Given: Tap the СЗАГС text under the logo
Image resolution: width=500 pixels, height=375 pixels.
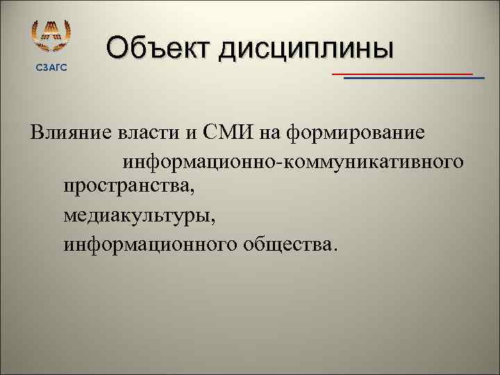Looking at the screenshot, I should (x=51, y=66).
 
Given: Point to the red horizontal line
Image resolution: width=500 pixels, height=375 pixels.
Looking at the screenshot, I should (x=403, y=73).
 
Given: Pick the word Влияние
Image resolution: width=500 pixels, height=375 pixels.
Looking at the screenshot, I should (x=68, y=132).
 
